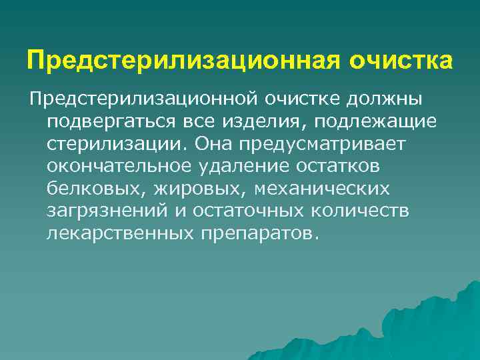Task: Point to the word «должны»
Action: (x=387, y=99)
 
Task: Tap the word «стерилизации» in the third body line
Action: (x=116, y=144)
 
